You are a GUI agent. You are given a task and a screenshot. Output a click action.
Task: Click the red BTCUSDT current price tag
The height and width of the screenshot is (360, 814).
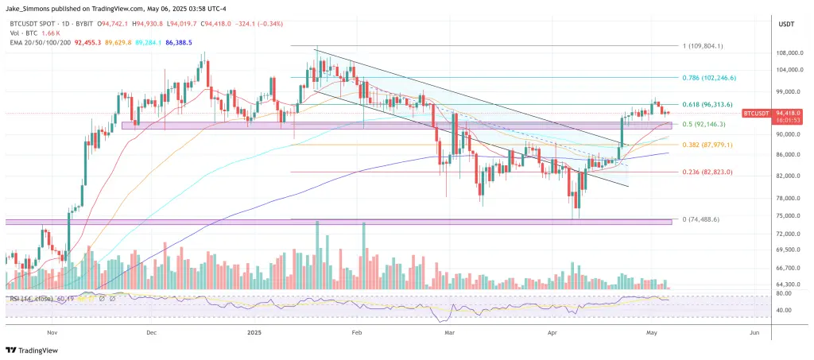[755, 114]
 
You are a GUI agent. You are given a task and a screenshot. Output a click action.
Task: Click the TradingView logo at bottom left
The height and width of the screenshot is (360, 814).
[33, 349]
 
